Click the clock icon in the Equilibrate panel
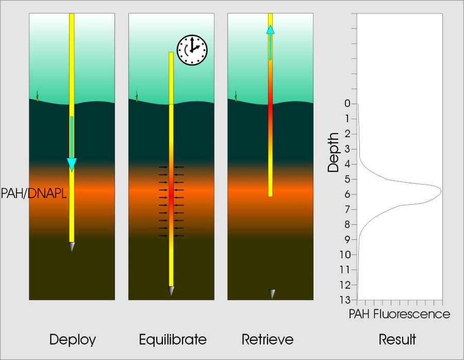(x=192, y=50)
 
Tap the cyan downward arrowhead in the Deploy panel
(x=72, y=165)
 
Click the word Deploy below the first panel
(x=73, y=340)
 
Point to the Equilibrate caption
(x=173, y=340)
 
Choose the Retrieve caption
(x=268, y=340)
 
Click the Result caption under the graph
(x=397, y=340)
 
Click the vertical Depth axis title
(x=334, y=152)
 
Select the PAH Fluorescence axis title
(x=400, y=314)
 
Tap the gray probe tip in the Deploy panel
(x=72, y=247)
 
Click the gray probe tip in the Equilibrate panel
(x=171, y=291)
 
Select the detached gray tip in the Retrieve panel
(x=272, y=294)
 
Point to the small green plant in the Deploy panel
(x=38, y=95)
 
